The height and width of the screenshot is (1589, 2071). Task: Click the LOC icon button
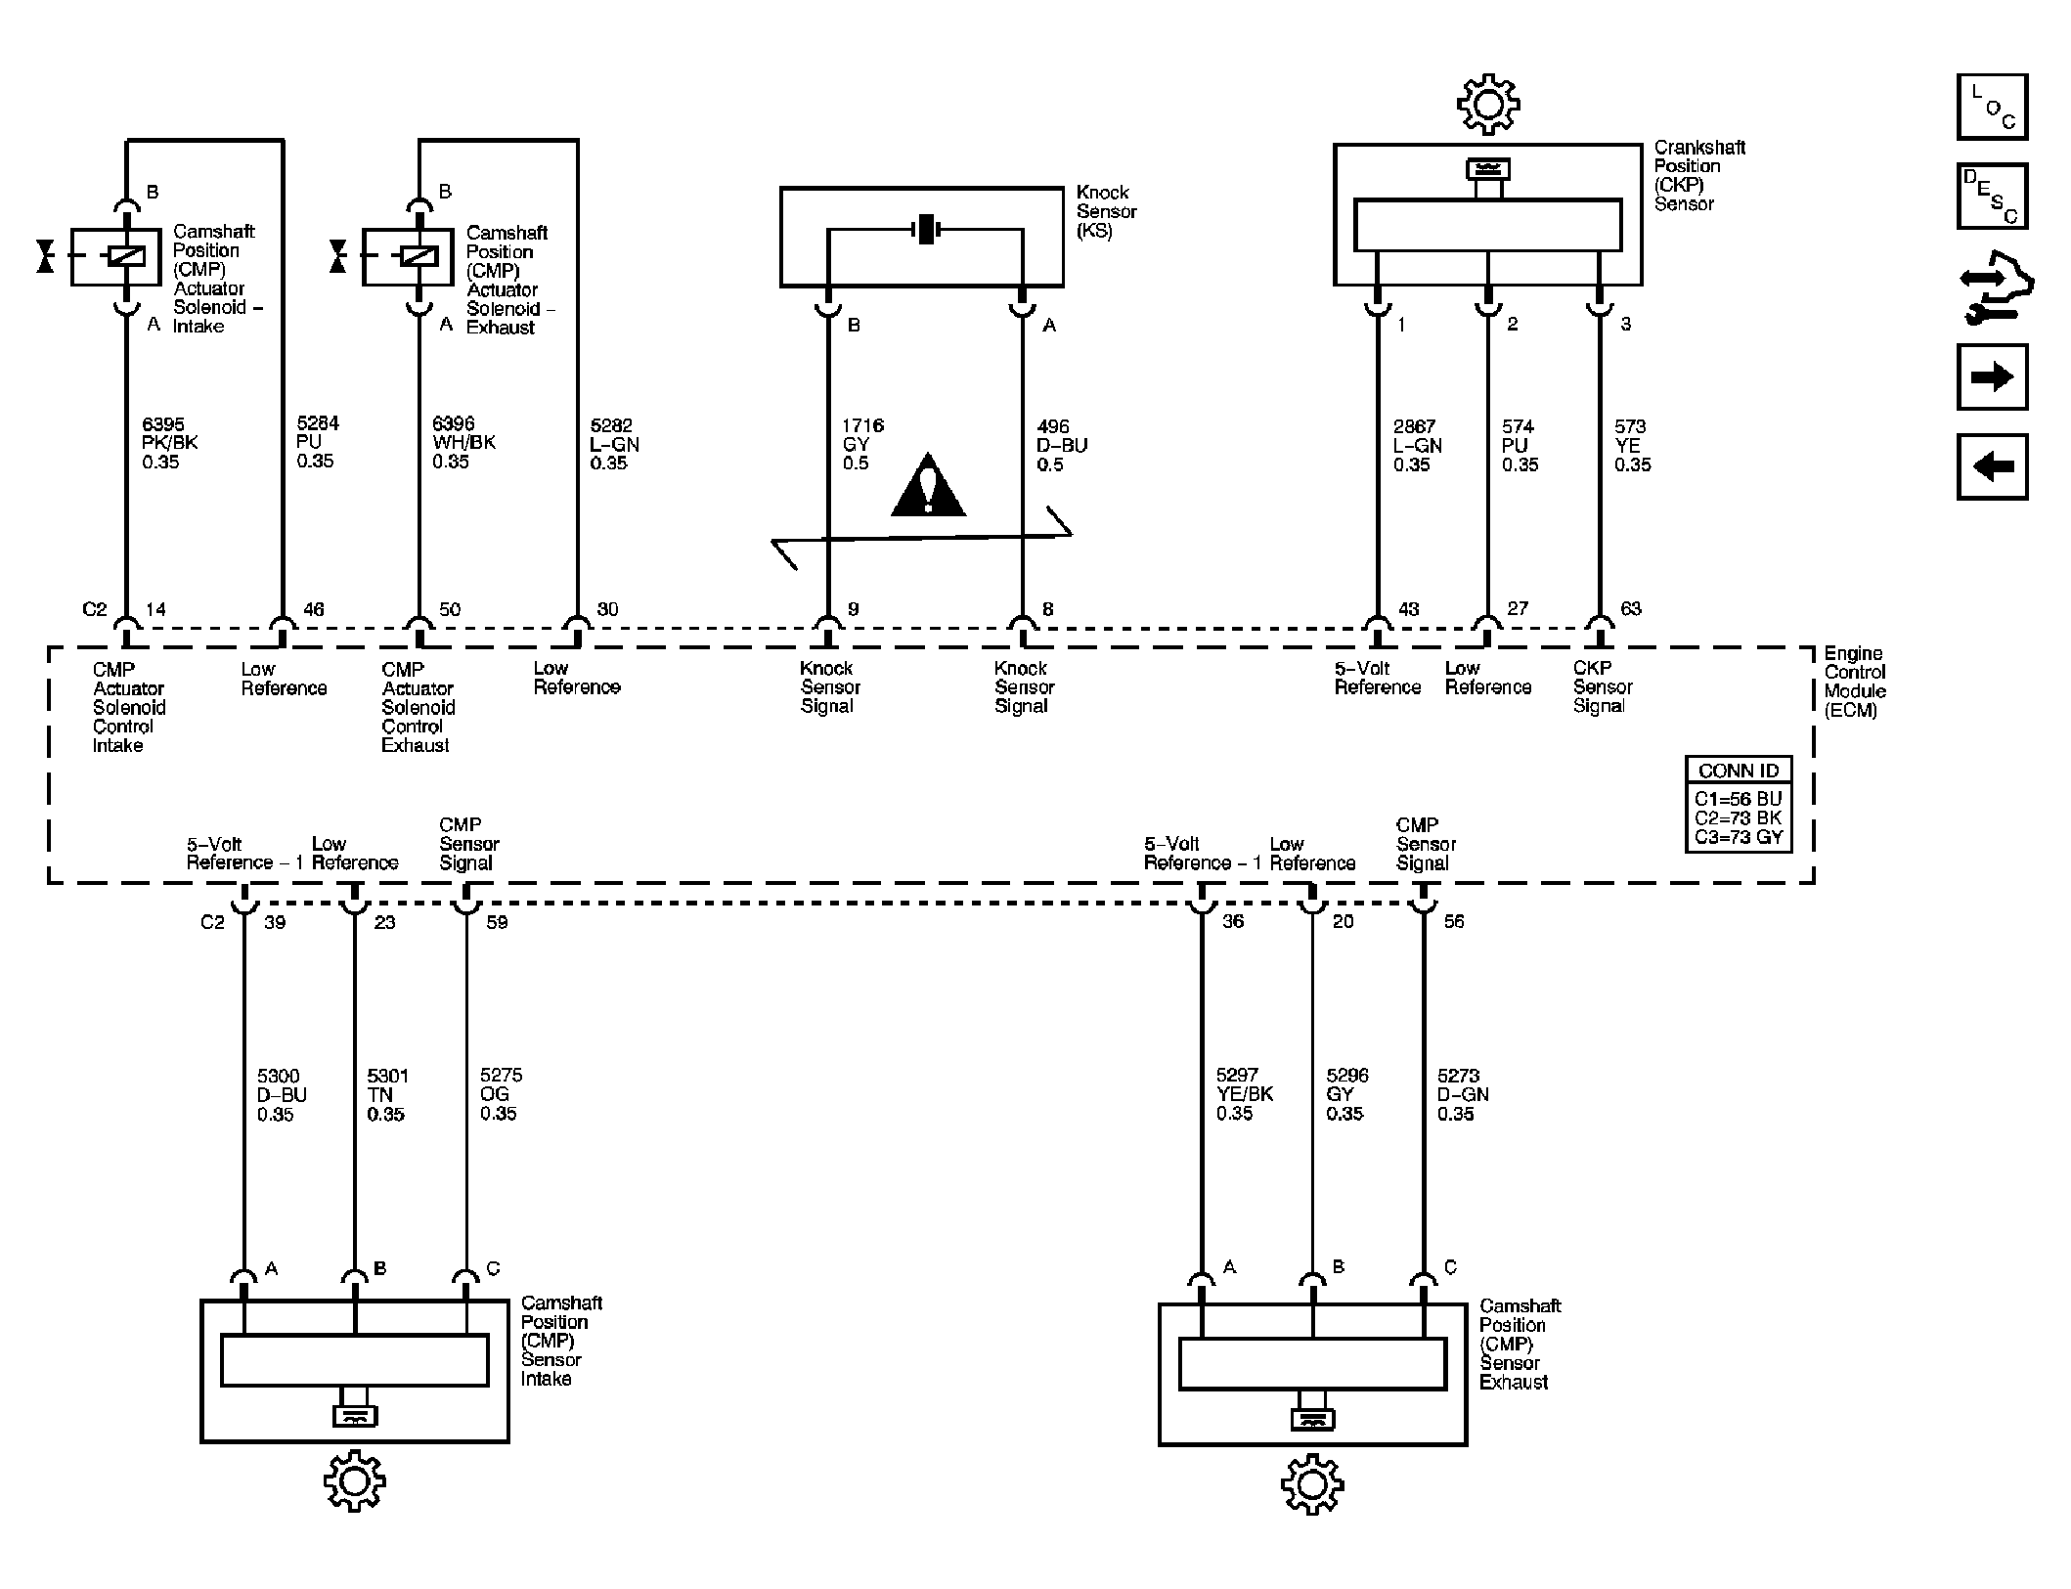coord(1992,107)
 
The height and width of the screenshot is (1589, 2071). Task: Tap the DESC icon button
coord(1992,197)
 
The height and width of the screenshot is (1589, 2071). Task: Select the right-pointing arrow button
coord(1992,376)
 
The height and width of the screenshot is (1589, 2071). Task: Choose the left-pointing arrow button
coord(1992,466)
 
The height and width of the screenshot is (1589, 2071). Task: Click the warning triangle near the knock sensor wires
coord(928,485)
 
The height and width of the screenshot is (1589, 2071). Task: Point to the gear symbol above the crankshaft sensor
coord(1488,104)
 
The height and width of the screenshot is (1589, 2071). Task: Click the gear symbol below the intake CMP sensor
coord(355,1481)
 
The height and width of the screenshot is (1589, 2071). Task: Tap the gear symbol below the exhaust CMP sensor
coord(1312,1484)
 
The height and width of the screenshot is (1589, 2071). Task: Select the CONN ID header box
coord(1739,771)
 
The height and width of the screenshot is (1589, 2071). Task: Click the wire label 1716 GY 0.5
coord(862,445)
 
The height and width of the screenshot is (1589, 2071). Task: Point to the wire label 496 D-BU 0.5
coord(1062,446)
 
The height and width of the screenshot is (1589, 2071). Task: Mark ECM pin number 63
coord(1631,609)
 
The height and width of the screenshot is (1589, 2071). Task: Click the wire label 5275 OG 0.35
coord(498,1094)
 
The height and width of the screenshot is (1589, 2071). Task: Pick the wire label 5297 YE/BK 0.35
coord(1245,1094)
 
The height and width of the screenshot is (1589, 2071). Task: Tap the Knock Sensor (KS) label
coord(1106,212)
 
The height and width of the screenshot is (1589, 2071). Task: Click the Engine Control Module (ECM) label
coord(1855,682)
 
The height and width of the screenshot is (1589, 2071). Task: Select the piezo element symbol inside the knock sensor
coord(925,231)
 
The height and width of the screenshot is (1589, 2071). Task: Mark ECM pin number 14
coord(155,610)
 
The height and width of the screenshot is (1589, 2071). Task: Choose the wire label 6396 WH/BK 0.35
coord(463,443)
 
